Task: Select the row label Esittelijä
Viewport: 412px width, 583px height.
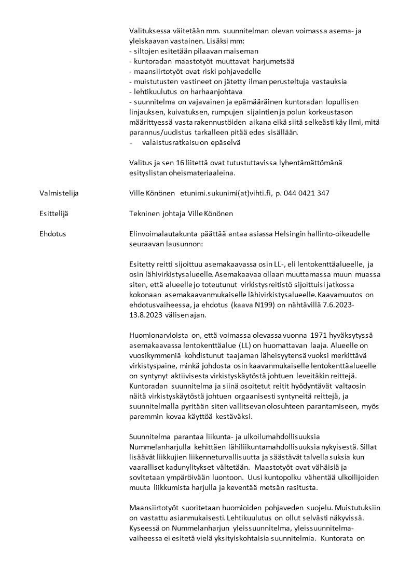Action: click(54, 214)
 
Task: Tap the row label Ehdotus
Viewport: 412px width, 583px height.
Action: click(52, 234)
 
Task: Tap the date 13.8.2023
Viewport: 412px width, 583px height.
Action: click(148, 315)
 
